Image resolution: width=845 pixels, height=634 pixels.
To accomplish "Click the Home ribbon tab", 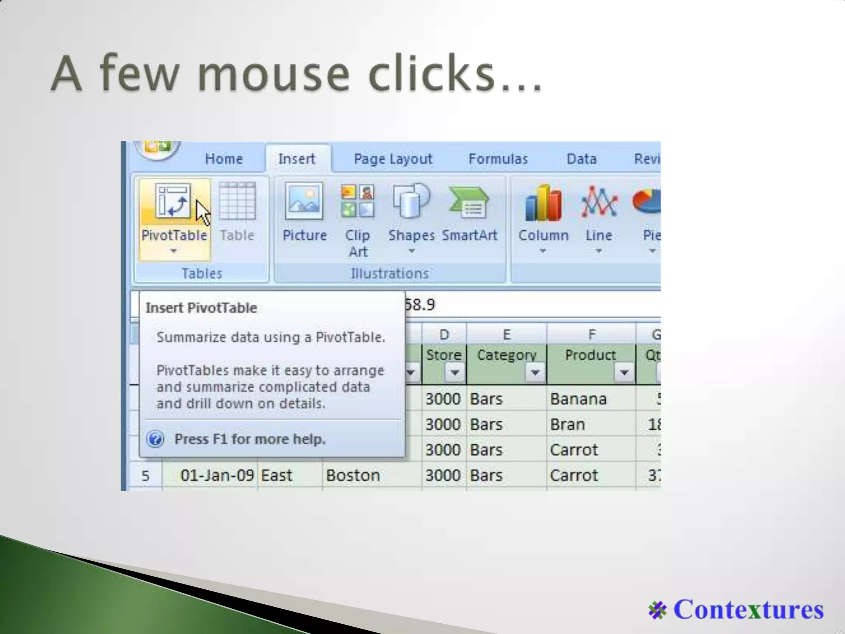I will (224, 159).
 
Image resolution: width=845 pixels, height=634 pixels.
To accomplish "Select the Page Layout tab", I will (393, 159).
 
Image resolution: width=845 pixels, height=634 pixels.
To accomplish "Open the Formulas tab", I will (498, 159).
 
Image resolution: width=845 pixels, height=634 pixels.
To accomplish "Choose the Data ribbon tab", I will (581, 159).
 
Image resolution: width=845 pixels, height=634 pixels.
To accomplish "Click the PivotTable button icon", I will (173, 201).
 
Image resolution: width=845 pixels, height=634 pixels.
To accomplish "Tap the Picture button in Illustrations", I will (304, 202).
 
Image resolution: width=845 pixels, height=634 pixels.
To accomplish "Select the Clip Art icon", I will (357, 202).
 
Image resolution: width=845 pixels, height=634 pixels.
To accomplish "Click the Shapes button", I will (411, 202).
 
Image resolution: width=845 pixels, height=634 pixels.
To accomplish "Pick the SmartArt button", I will (470, 202).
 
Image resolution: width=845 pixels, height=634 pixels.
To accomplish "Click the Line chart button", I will (599, 202).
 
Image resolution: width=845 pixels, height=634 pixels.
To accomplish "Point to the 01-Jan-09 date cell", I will (217, 475).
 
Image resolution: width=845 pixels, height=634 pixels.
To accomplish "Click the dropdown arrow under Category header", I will (535, 373).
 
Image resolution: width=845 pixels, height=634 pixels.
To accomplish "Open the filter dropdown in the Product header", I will (624, 373).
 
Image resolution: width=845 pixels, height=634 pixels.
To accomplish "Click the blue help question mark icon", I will (156, 439).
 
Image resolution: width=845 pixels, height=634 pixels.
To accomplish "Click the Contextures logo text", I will (748, 610).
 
